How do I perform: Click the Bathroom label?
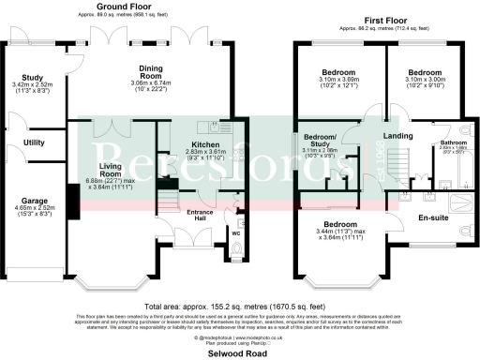(x=441, y=142)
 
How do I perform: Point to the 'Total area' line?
(x=240, y=306)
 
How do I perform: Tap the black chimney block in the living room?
(x=72, y=200)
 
